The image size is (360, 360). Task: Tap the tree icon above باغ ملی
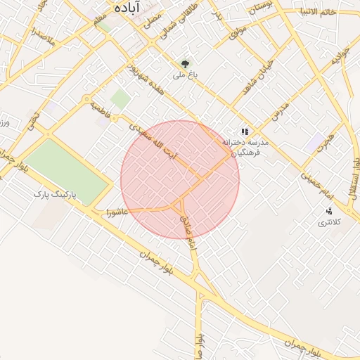[186, 63]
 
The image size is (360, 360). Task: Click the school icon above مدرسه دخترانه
[245, 131]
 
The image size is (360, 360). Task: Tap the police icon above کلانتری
[328, 211]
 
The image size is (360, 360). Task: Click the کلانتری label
[328, 222]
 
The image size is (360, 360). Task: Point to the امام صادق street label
[187, 231]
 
